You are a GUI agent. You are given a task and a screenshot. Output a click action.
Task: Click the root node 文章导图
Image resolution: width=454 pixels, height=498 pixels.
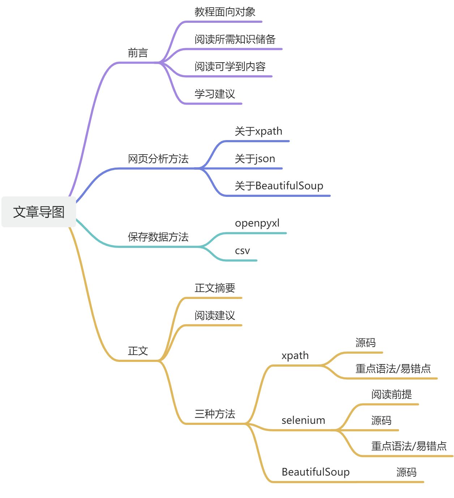[39, 212]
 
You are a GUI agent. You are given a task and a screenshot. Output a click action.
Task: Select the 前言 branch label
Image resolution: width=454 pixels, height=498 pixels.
[138, 53]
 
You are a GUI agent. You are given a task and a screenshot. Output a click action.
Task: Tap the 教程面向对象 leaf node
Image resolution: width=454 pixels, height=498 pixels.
[225, 12]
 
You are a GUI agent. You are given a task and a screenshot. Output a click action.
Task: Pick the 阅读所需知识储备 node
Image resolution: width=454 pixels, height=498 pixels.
[235, 39]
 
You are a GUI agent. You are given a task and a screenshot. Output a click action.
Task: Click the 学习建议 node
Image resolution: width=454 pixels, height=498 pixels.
[215, 94]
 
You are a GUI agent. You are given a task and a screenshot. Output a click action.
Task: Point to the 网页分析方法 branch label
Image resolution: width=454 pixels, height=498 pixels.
[158, 159]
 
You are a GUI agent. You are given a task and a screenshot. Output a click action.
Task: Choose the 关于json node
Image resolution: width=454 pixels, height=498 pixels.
[255, 159]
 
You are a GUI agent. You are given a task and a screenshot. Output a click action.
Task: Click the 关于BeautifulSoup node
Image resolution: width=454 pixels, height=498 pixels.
[279, 186]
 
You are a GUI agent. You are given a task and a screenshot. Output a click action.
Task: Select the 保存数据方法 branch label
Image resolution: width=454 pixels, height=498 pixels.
[158, 237]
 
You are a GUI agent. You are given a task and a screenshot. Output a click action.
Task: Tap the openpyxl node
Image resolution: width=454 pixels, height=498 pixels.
[257, 223]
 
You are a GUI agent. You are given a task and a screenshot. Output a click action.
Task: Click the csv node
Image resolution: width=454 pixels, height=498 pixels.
[242, 250]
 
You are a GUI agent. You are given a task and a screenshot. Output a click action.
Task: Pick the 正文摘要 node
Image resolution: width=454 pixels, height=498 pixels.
[215, 288]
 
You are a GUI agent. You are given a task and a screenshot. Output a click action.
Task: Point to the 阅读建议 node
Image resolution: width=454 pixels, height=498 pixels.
[215, 315]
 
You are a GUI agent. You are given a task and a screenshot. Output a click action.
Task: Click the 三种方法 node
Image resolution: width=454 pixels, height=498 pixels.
[215, 414]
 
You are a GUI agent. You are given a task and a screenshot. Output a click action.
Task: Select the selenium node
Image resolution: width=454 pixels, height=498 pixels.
[303, 420]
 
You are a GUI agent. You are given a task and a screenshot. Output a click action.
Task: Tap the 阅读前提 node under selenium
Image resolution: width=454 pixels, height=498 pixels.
[391, 394]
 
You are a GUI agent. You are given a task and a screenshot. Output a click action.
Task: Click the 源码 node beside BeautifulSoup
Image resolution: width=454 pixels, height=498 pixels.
[406, 472]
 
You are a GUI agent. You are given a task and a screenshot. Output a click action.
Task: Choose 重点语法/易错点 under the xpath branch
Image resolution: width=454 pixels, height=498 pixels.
[393, 368]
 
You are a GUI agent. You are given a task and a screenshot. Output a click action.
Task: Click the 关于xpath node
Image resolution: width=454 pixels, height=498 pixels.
[258, 131]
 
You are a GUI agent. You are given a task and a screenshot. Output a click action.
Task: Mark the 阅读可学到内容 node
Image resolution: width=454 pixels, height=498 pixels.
[230, 67]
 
